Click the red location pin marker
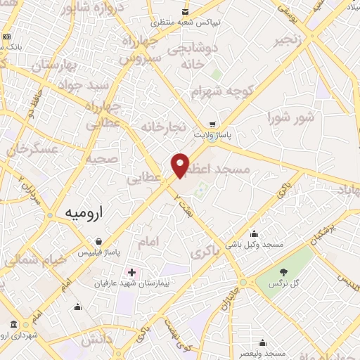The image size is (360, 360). [x=181, y=166]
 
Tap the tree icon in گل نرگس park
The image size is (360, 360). [x=283, y=272]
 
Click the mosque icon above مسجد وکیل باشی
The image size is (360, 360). [x=254, y=234]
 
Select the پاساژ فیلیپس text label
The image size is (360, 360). [x=99, y=252]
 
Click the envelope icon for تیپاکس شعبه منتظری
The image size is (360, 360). [x=184, y=12]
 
